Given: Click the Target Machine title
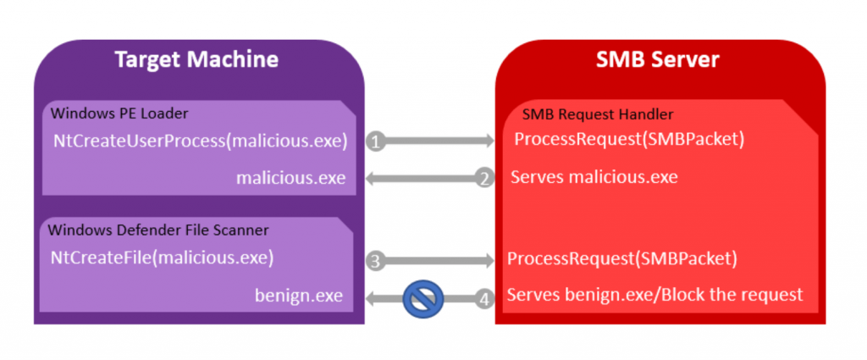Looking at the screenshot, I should (196, 59).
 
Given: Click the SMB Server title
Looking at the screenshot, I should (660, 59).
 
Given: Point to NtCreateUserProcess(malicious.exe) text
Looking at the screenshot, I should (201, 141).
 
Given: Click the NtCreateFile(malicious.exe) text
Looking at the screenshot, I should (163, 257).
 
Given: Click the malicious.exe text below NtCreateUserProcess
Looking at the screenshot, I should (292, 178).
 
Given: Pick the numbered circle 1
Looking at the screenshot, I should (376, 141).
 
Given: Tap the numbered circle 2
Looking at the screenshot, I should (484, 178).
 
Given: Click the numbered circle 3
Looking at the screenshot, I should (376, 259).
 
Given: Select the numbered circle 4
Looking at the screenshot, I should (484, 297).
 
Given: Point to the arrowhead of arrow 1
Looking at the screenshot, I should (489, 141).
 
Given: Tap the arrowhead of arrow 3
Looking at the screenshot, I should (489, 259).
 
